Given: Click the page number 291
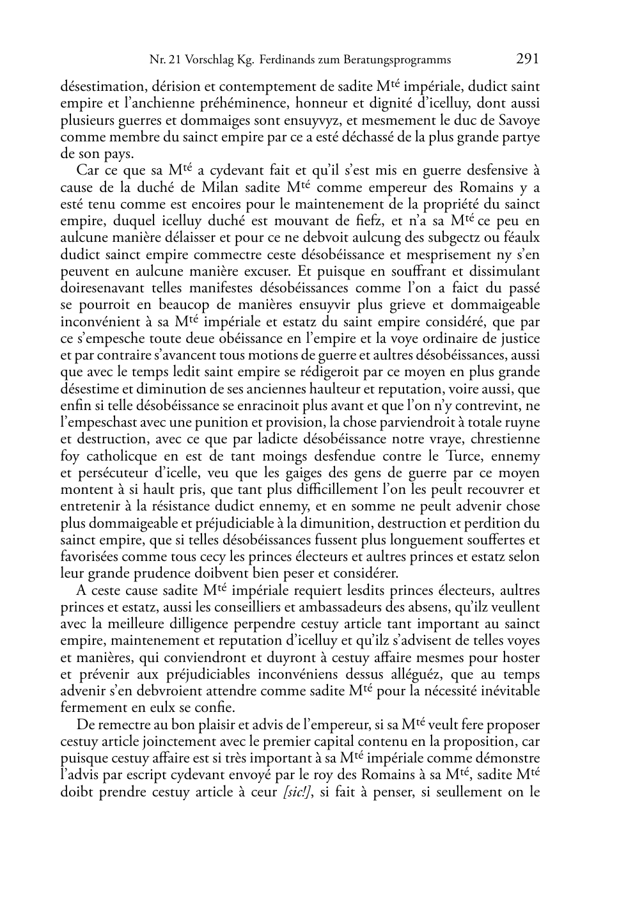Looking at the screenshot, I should [527, 59].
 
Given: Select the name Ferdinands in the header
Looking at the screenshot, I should [286, 60].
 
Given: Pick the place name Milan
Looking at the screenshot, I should [261, 187].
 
